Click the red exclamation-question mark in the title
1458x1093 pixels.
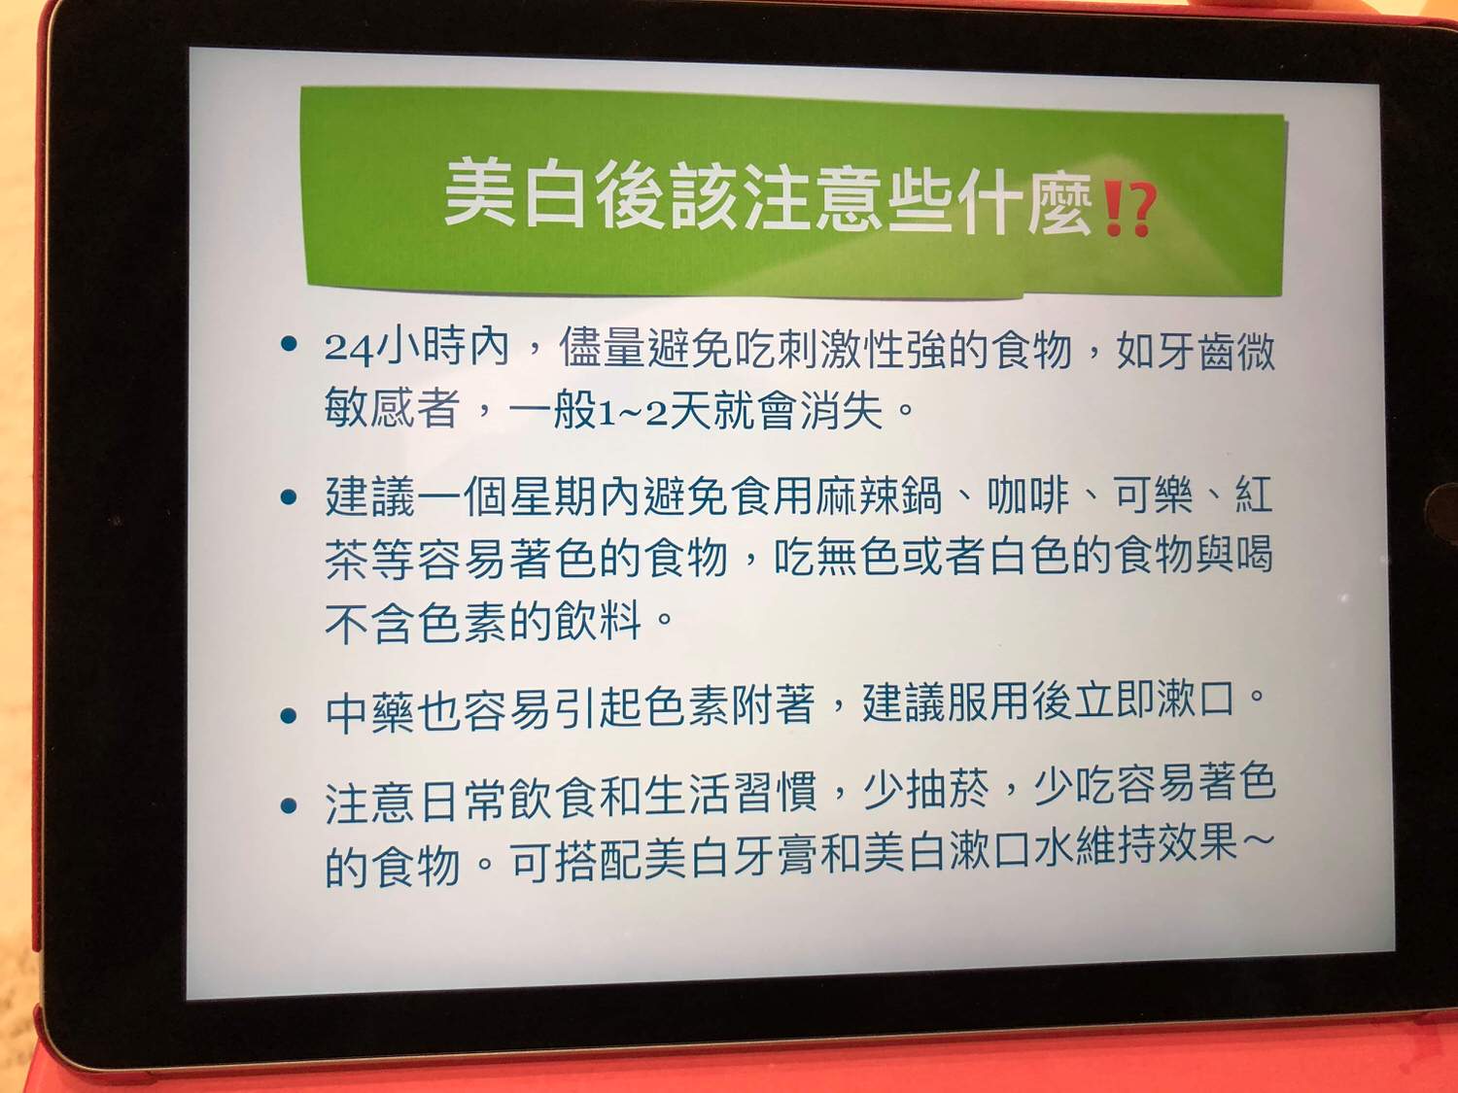(x=1129, y=211)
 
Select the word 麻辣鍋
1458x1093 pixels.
(x=876, y=496)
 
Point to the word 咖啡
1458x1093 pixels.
(x=1029, y=496)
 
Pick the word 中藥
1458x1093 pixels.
(x=370, y=713)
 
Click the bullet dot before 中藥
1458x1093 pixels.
(x=289, y=715)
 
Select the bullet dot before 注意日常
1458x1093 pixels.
(x=289, y=805)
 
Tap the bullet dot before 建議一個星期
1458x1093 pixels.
(x=289, y=496)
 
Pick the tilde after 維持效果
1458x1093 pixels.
(x=1257, y=840)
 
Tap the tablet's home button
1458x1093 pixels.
(x=1442, y=515)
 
